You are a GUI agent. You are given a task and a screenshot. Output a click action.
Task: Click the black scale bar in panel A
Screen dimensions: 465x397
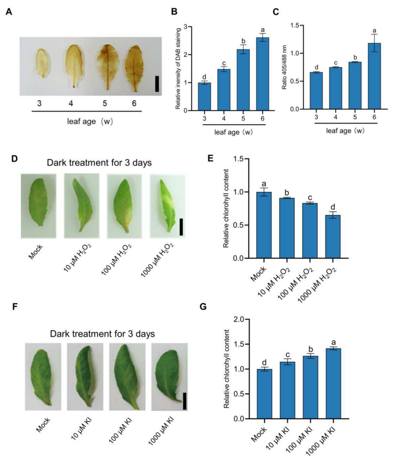click(157, 84)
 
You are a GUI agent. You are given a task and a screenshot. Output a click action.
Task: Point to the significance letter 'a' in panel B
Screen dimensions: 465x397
click(263, 30)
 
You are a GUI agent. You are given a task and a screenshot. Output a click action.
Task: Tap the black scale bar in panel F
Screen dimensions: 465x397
click(185, 401)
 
